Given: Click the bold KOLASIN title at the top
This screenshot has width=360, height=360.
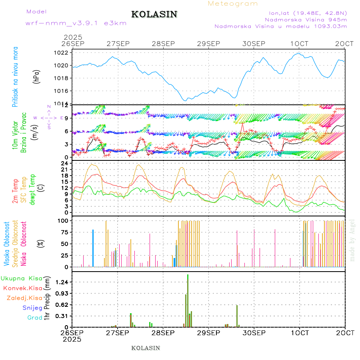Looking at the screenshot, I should [x=154, y=14].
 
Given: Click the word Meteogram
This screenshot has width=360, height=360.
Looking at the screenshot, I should [x=233, y=4].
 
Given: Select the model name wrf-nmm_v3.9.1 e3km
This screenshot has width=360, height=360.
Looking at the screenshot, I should [x=76, y=23].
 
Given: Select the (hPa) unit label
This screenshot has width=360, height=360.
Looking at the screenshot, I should [x=36, y=76].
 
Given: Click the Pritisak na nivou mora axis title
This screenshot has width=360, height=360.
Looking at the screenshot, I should [x=15, y=76].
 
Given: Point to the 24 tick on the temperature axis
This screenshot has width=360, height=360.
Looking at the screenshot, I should [x=64, y=163].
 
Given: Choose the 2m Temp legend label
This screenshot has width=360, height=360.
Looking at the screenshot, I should [x=15, y=192].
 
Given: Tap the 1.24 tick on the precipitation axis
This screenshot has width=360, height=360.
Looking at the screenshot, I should [x=61, y=282].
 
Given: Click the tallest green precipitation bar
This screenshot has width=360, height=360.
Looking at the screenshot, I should [x=188, y=300].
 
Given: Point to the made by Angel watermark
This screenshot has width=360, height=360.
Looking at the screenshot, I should [x=352, y=240].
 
